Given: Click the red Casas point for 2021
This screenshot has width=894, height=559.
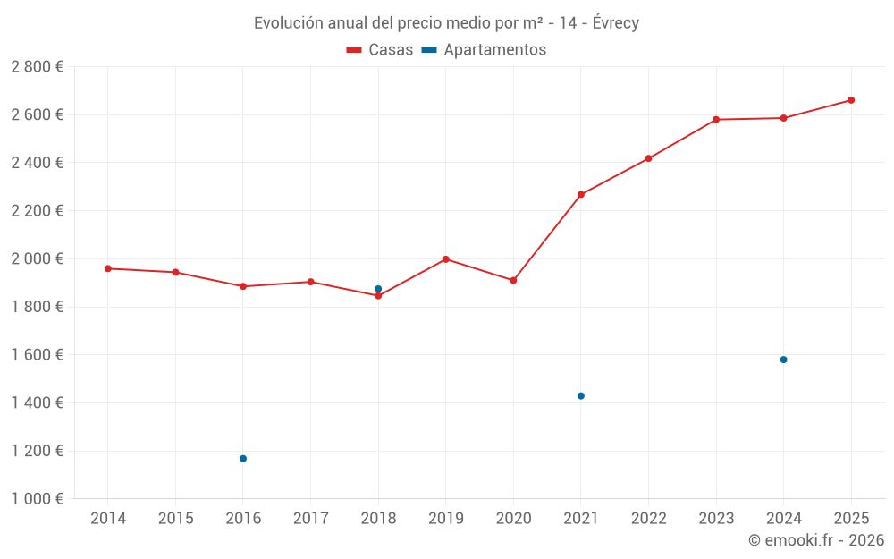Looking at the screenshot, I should [x=581, y=194].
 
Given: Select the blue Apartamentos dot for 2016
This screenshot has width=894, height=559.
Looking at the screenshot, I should [x=243, y=459].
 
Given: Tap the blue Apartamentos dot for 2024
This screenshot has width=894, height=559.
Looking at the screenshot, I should [x=783, y=360].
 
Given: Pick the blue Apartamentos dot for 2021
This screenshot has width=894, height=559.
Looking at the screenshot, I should [x=581, y=395].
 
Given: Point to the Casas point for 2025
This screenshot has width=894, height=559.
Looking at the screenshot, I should [x=851, y=100].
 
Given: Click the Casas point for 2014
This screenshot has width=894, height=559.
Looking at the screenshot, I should [x=108, y=268].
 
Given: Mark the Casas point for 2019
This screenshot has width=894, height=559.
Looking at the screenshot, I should [x=446, y=259].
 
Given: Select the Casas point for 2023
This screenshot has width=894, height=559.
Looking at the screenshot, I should [x=716, y=119].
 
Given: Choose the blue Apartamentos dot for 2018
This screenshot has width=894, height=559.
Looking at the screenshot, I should [x=378, y=289].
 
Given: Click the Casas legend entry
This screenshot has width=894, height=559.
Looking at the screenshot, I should [x=380, y=50].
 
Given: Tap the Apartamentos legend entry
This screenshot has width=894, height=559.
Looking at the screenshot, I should [x=484, y=50].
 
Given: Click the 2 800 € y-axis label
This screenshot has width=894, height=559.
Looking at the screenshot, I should [x=38, y=67].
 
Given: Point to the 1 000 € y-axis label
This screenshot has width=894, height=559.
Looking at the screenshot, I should [x=38, y=499].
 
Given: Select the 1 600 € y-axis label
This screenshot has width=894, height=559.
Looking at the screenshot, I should [x=38, y=355].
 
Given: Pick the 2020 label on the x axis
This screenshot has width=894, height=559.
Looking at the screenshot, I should [x=513, y=519].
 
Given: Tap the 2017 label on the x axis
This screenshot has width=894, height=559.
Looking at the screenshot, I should [x=310, y=519].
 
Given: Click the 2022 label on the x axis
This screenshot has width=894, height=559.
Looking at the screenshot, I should [x=648, y=519].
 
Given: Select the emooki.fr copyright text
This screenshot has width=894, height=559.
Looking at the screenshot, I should [x=816, y=540].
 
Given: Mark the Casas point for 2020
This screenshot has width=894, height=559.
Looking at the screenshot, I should [x=513, y=280].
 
